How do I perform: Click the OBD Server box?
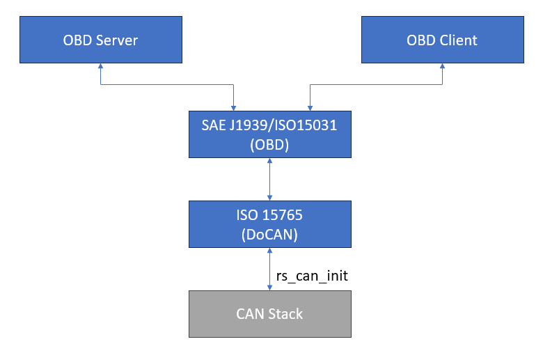pyautogui.click(x=101, y=40)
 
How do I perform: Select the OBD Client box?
pyautogui.click(x=443, y=40)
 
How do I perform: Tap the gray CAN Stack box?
pyautogui.click(x=270, y=314)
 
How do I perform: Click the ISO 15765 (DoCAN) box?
pyautogui.click(x=270, y=224)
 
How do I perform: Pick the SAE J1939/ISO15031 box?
pyautogui.click(x=270, y=134)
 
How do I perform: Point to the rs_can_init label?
pyautogui.click(x=312, y=276)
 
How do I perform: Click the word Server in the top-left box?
pyautogui.click(x=117, y=40)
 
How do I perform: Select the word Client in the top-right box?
pyautogui.click(x=459, y=40)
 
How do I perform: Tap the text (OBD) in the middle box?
pyautogui.click(x=269, y=145)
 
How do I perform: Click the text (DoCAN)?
pyautogui.click(x=269, y=235)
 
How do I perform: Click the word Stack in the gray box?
pyautogui.click(x=285, y=314)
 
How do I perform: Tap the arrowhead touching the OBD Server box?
pyautogui.click(x=100, y=65)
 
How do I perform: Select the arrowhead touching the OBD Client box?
pyautogui.click(x=442, y=65)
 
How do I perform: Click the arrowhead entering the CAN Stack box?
pyautogui.click(x=270, y=288)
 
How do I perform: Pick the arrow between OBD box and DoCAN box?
pyautogui.click(x=270, y=179)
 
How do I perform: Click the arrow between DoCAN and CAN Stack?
pyautogui.click(x=270, y=269)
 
